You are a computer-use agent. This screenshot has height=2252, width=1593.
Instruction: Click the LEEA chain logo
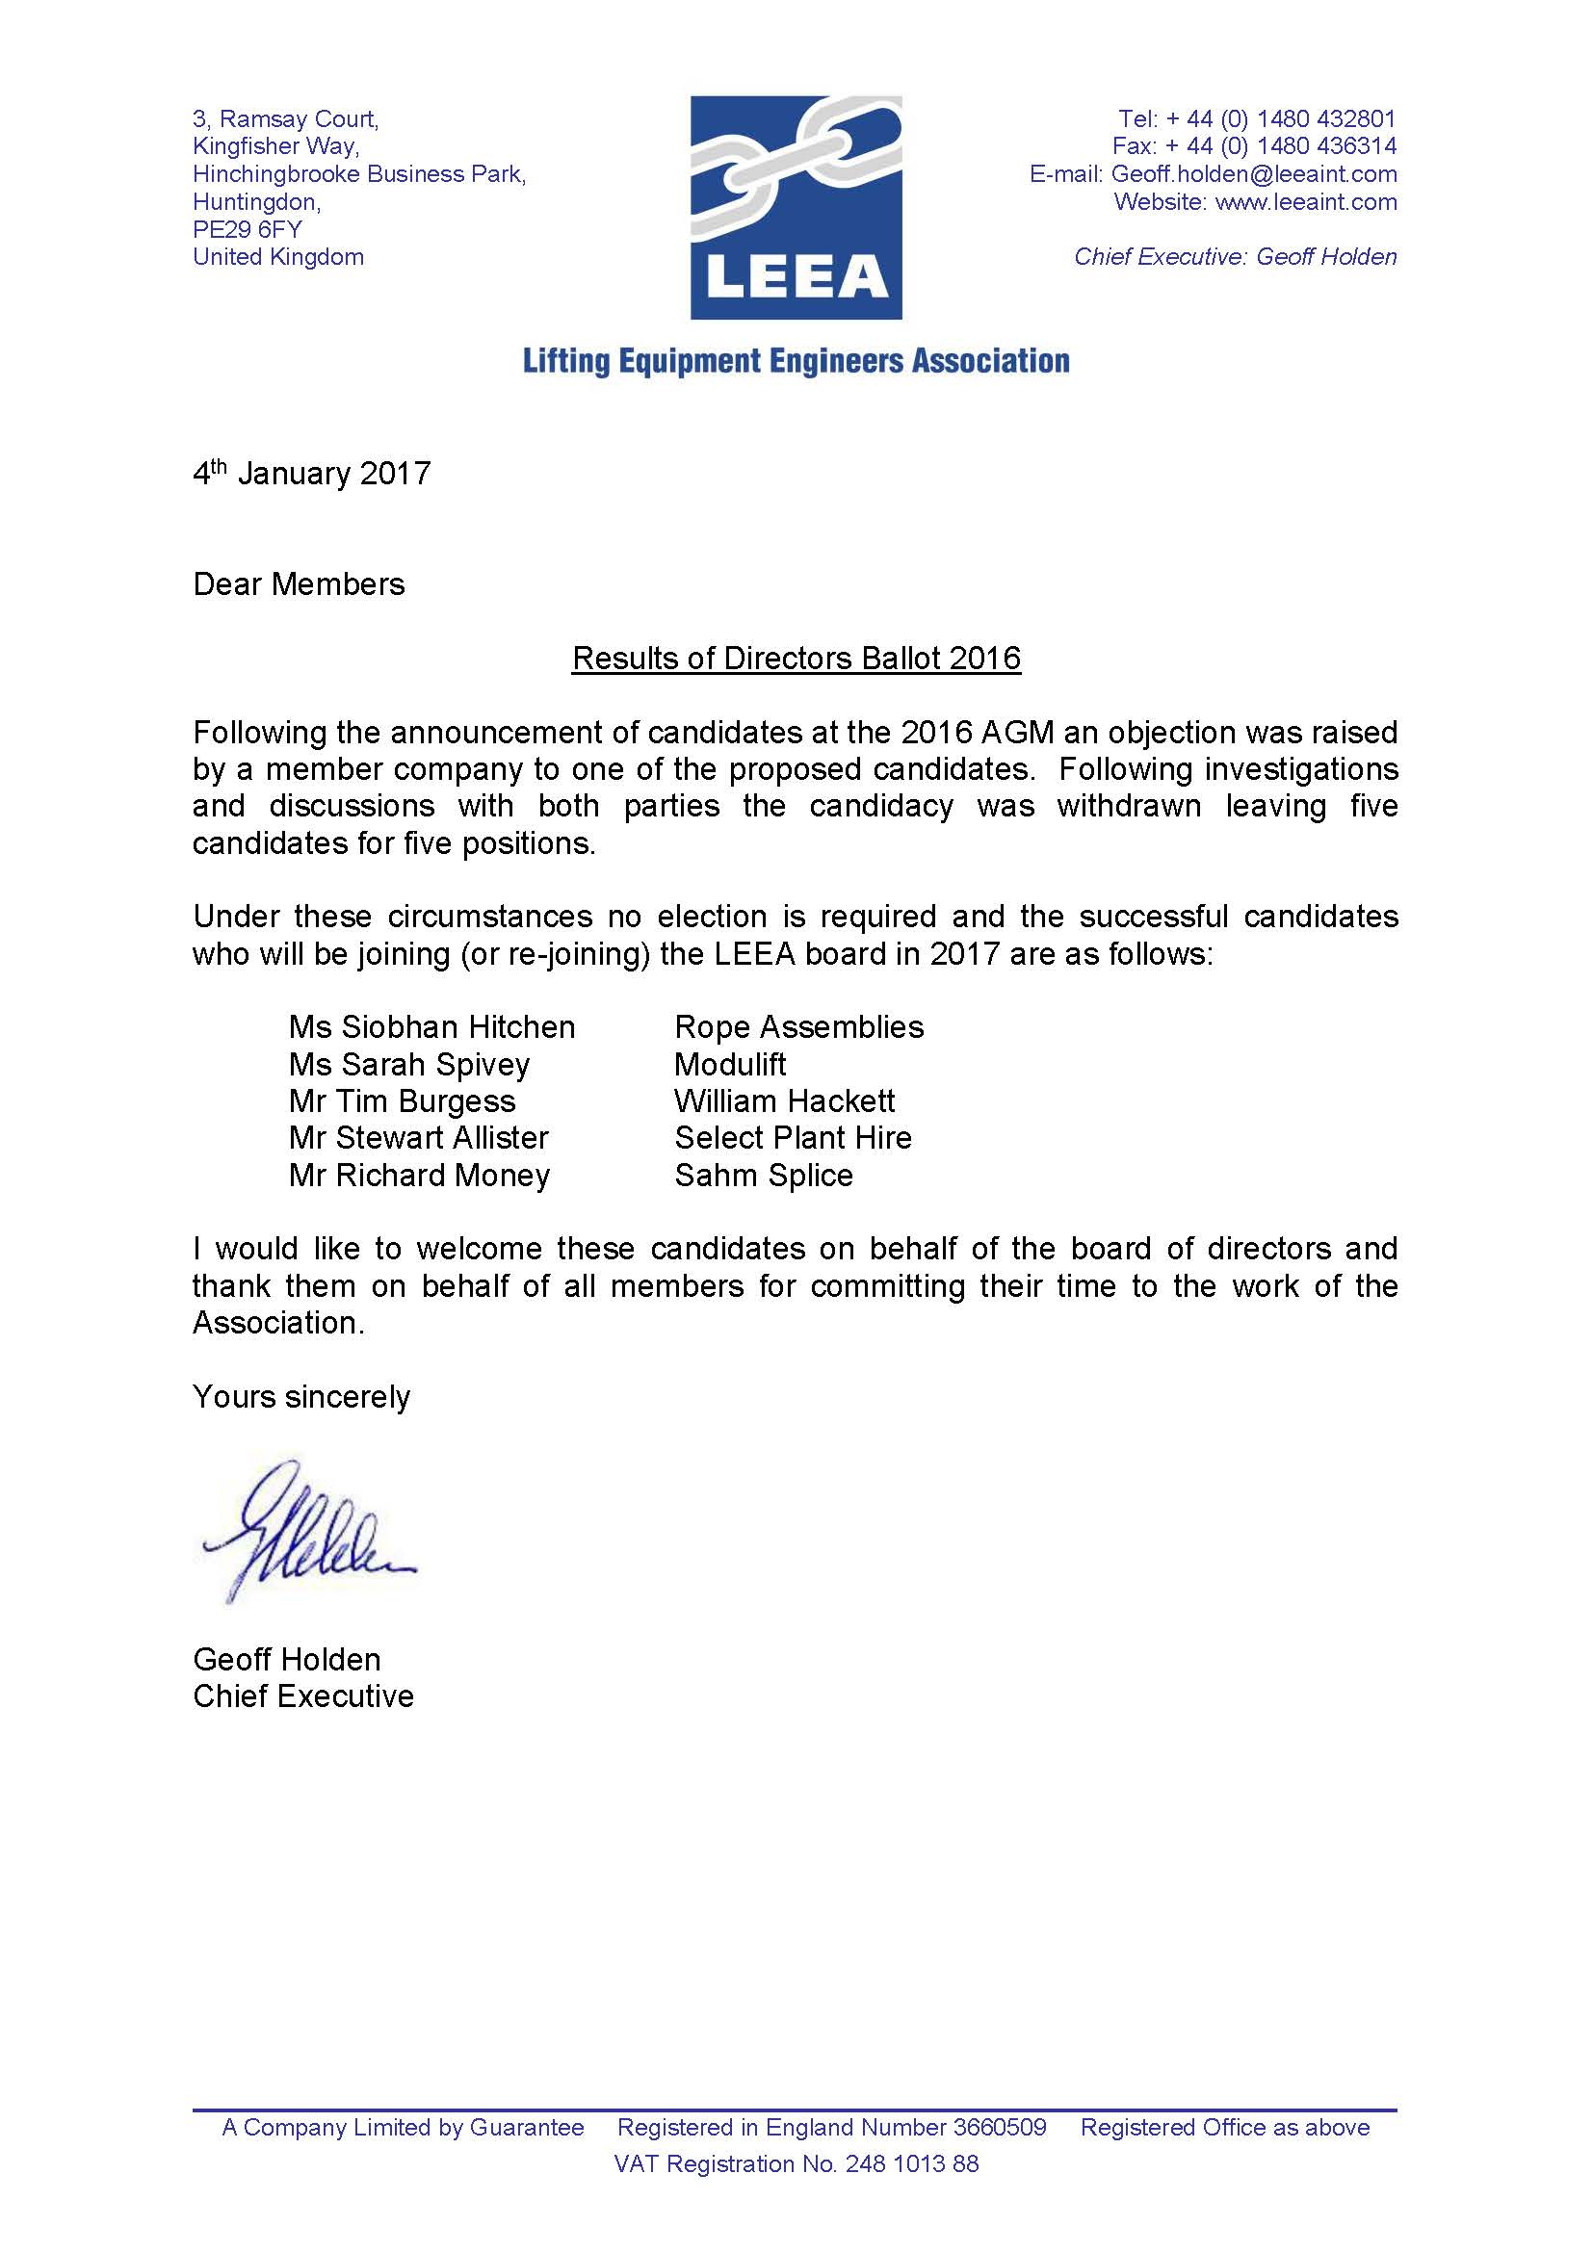pyautogui.click(x=796, y=207)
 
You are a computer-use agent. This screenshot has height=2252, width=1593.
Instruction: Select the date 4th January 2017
pyautogui.click(x=311, y=475)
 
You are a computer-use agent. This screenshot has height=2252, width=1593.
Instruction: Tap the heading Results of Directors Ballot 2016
pyautogui.click(x=796, y=659)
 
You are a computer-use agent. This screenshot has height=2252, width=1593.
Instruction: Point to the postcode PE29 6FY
pyautogui.click(x=248, y=229)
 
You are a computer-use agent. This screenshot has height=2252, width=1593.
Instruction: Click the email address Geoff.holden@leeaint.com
pyautogui.click(x=1253, y=174)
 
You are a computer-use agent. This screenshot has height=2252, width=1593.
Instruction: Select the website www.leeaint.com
pyautogui.click(x=1305, y=202)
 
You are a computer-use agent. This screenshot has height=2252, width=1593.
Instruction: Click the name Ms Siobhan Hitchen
pyautogui.click(x=431, y=1027)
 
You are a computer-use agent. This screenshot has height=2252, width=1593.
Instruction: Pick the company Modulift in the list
pyautogui.click(x=730, y=1064)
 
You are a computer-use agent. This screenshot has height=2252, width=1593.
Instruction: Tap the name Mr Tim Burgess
pyautogui.click(x=402, y=1101)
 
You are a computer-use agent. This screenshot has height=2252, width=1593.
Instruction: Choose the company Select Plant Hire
pyautogui.click(x=793, y=1138)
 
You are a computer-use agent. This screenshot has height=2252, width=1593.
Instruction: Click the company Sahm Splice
pyautogui.click(x=763, y=1175)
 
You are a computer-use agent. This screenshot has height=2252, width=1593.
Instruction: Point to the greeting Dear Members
pyautogui.click(x=299, y=584)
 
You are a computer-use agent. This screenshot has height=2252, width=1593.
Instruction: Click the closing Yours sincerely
pyautogui.click(x=301, y=1397)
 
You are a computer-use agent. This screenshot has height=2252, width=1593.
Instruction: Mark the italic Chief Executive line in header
pyautogui.click(x=1235, y=257)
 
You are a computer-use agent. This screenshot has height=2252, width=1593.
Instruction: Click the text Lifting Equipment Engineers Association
pyautogui.click(x=796, y=361)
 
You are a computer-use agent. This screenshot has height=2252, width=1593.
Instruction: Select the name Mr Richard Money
pyautogui.click(x=419, y=1175)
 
